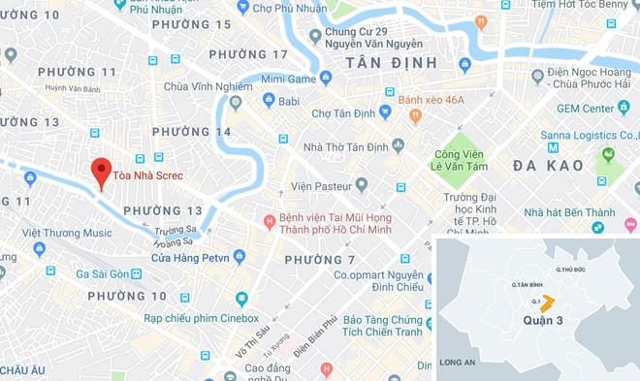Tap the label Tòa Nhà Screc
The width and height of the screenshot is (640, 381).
click(148, 175)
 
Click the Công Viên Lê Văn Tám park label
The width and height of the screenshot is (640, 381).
click(461, 160)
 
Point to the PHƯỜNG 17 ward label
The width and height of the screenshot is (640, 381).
click(254, 54)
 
